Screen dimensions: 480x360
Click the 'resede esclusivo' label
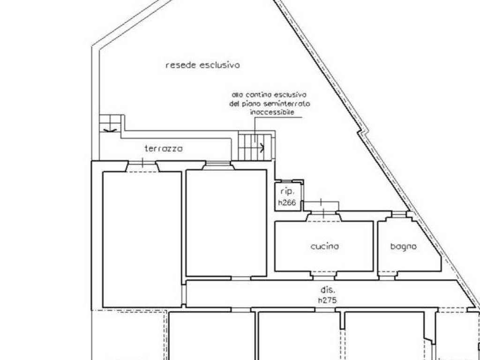point(202,65)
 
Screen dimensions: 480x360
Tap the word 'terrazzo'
point(164,149)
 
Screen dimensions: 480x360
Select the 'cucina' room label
point(325,247)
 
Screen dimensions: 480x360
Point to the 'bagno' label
point(404,247)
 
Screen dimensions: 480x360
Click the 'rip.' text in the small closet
point(287,192)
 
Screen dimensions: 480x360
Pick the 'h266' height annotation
point(287,202)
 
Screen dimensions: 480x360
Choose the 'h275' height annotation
point(327,300)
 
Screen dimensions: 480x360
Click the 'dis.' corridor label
point(327,290)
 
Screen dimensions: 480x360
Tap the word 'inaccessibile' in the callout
point(272,112)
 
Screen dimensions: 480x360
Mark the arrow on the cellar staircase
point(259,148)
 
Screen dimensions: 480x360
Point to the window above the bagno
point(399,214)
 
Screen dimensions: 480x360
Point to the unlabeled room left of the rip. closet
point(226,223)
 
